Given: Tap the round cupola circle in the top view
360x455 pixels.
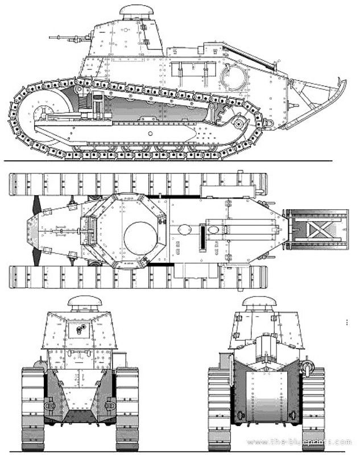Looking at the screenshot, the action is coord(140,234).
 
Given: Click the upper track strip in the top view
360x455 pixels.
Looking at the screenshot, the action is coord(136,183).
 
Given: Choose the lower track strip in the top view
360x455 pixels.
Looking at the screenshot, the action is coord(136,277).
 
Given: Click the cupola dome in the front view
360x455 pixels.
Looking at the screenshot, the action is coord(85,302).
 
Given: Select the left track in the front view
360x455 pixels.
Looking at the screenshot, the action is coord(32,407).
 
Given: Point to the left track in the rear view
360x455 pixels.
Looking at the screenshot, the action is coord(219,407).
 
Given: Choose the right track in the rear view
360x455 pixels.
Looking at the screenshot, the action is coord(313,407).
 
